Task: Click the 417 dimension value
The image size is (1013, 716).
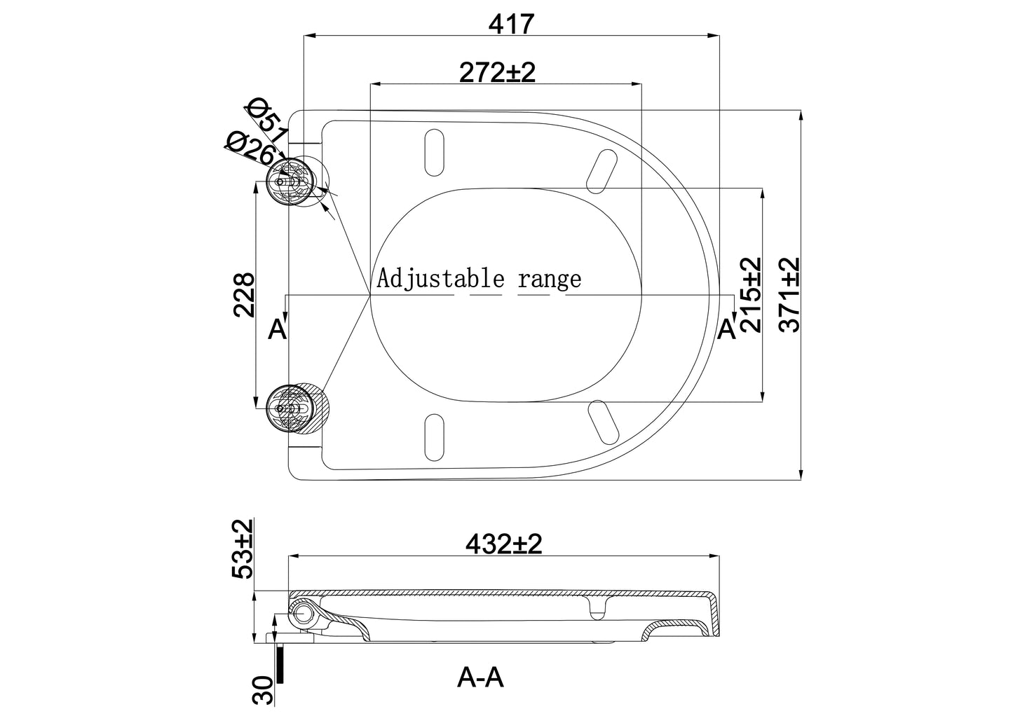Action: (512, 24)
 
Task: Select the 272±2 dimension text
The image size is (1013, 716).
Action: (497, 72)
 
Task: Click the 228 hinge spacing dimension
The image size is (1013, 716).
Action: (244, 295)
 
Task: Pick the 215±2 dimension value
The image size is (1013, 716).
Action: (751, 295)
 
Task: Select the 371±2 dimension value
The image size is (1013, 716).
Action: (789, 295)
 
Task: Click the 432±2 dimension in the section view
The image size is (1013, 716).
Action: (504, 544)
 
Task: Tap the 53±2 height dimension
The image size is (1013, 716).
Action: (243, 549)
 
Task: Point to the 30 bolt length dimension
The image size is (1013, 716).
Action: (263, 690)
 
